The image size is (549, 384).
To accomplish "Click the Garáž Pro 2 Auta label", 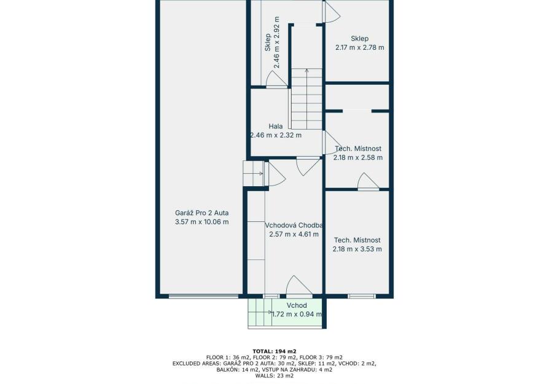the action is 201,213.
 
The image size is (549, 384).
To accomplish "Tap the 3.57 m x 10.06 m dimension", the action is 201,222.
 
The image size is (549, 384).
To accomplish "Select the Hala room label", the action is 276,126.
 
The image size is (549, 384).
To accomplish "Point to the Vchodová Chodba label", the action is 294,225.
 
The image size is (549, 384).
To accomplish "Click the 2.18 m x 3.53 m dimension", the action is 357,249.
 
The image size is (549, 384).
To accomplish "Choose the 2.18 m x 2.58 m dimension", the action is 358,158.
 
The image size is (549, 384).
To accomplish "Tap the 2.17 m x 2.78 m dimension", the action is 360,48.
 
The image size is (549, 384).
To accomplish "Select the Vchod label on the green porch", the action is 297,305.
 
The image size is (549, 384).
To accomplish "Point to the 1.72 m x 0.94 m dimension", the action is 297,315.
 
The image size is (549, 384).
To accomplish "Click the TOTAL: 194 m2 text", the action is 274,351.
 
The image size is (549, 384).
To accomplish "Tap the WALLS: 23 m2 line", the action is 274,376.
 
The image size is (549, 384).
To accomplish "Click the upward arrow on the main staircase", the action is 306,99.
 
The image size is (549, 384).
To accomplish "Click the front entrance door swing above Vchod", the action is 298,286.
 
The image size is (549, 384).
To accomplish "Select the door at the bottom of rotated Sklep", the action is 276,79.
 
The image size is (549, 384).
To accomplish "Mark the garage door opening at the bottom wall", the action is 204,296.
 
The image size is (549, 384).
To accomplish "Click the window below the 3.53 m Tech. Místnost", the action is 362,296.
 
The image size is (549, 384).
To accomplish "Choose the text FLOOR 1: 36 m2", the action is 228,358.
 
